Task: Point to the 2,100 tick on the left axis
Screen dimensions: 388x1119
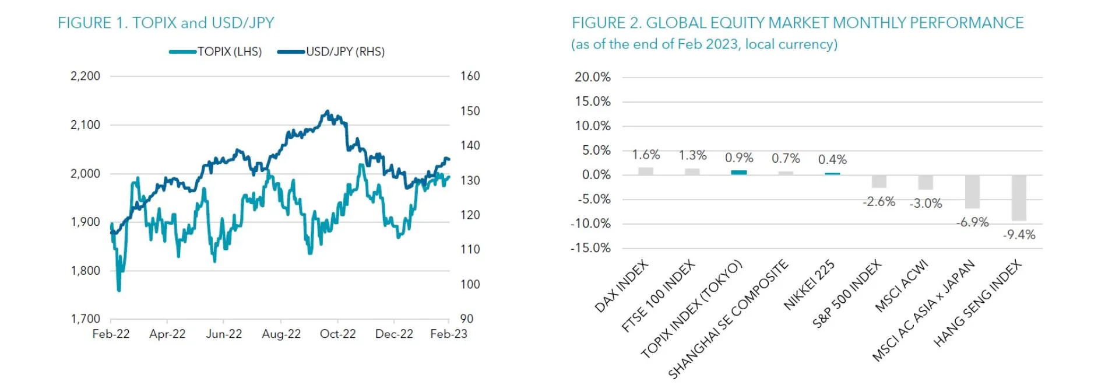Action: pyautogui.click(x=85, y=125)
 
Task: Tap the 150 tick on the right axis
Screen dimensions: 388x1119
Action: pyautogui.click(x=470, y=111)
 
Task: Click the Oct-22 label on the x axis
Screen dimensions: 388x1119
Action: pyautogui.click(x=337, y=334)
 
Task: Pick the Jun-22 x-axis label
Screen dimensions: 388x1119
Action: pyautogui.click(x=224, y=334)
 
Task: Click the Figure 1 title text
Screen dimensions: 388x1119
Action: pyautogui.click(x=166, y=23)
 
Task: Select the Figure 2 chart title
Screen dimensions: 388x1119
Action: pyautogui.click(x=797, y=23)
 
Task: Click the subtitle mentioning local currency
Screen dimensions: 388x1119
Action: pyautogui.click(x=704, y=44)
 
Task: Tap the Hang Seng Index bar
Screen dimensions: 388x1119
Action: pyautogui.click(x=1019, y=198)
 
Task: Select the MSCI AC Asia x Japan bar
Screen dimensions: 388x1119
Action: pyautogui.click(x=972, y=192)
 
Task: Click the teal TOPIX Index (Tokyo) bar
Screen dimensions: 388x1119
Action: pyautogui.click(x=739, y=173)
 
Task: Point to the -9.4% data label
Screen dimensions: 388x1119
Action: pyautogui.click(x=1019, y=235)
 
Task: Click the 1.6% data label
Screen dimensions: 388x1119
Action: pyautogui.click(x=646, y=155)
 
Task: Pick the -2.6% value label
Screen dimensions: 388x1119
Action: pyautogui.click(x=879, y=202)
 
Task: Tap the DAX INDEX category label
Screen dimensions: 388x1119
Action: pyautogui.click(x=621, y=286)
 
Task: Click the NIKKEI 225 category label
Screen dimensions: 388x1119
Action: pyautogui.click(x=809, y=285)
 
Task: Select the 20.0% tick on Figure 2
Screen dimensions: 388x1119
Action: pyautogui.click(x=592, y=77)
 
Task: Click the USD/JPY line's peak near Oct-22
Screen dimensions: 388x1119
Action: pyautogui.click(x=327, y=111)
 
